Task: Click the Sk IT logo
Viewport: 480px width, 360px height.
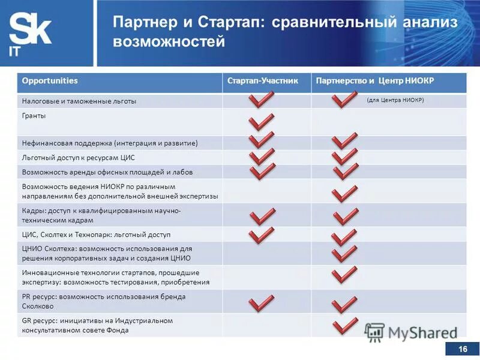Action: pyautogui.click(x=30, y=33)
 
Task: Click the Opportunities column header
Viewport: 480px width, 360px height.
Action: pyautogui.click(x=50, y=81)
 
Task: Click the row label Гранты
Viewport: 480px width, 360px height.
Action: pyautogui.click(x=34, y=115)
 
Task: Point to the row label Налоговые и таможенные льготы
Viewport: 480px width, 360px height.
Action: pyautogui.click(x=79, y=101)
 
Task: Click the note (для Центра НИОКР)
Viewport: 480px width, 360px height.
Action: pyautogui.click(x=395, y=100)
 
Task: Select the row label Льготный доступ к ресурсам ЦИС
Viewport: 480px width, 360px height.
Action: pyautogui.click(x=79, y=157)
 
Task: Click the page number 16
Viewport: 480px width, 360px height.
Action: pyautogui.click(x=462, y=350)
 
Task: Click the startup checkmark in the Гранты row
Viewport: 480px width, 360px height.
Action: pyautogui.click(x=262, y=122)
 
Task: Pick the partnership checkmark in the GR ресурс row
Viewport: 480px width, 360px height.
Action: pyautogui.click(x=344, y=326)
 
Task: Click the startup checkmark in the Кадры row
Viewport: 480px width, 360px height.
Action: pyautogui.click(x=262, y=217)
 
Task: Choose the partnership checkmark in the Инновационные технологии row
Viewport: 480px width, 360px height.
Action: pyautogui.click(x=344, y=275)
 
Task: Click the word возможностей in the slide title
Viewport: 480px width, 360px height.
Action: pyautogui.click(x=169, y=42)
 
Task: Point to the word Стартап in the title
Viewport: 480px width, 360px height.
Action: pyautogui.click(x=231, y=22)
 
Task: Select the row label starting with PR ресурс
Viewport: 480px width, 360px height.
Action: pyautogui.click(x=104, y=301)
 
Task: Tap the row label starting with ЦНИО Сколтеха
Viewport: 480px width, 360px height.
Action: pyautogui.click(x=106, y=253)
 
